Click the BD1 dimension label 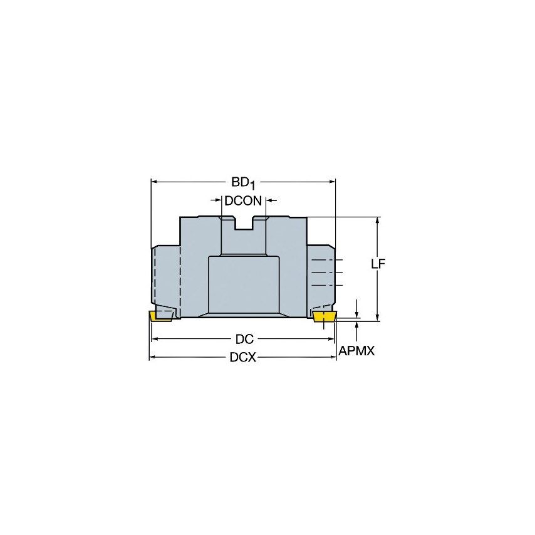[243, 182]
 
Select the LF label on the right [377, 264]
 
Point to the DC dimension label [244, 340]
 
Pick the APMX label [356, 351]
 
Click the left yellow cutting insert [161, 316]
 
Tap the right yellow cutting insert [324, 317]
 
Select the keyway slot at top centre [244, 223]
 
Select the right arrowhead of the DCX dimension [333, 358]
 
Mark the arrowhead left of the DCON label [219, 201]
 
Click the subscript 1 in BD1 [252, 185]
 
